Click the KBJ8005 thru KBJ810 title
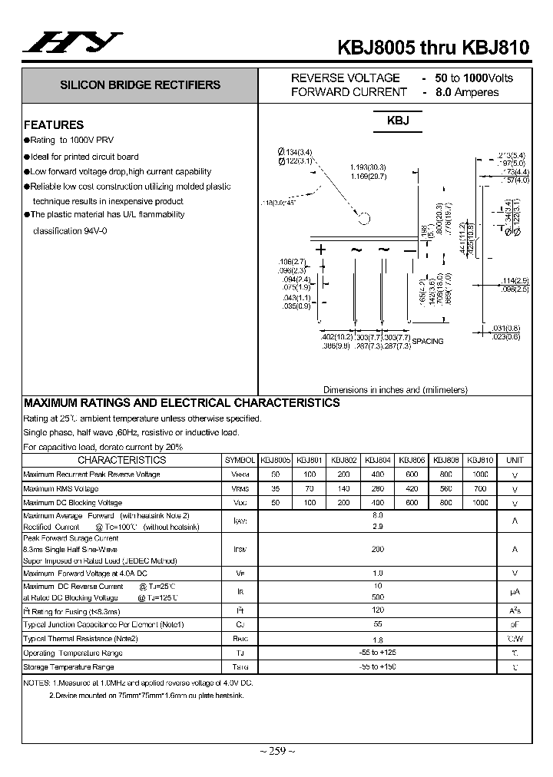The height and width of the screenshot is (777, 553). [433, 46]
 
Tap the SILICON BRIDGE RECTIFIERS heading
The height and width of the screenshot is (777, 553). [141, 85]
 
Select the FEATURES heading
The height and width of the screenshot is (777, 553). [54, 124]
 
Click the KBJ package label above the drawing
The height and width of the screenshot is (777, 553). [398, 121]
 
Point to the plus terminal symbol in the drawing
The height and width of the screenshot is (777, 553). [321, 250]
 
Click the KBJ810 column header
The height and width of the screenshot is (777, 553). [480, 460]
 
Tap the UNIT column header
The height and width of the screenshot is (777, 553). [514, 460]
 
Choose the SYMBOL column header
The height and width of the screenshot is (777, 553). [240, 460]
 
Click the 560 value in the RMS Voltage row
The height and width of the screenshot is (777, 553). [446, 488]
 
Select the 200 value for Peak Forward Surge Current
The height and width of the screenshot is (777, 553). [377, 550]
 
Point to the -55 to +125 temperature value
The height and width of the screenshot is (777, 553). [377, 653]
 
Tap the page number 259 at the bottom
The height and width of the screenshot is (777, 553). [276, 750]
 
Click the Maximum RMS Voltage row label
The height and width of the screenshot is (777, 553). [61, 488]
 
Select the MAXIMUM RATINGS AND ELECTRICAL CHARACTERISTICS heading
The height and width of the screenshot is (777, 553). [182, 402]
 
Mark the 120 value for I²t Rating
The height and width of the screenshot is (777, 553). [377, 611]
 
